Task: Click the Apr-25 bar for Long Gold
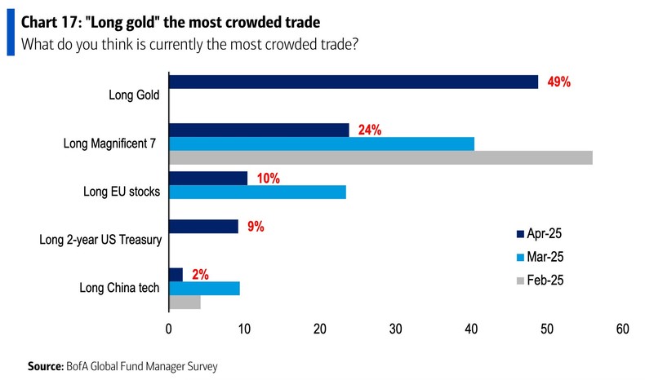point(353,82)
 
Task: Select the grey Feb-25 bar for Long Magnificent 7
point(380,158)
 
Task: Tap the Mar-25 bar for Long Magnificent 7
point(321,144)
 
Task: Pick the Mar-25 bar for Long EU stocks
point(257,192)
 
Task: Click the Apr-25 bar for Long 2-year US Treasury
point(203,227)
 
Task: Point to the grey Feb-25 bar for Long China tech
point(185,303)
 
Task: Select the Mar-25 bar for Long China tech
point(204,289)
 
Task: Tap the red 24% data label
point(369,130)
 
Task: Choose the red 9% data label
point(255,227)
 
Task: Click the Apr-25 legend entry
point(541,234)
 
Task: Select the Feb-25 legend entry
point(541,280)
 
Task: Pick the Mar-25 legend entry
point(541,257)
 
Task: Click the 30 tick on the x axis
point(395,329)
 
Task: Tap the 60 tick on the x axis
point(622,329)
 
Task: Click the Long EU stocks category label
point(122,192)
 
